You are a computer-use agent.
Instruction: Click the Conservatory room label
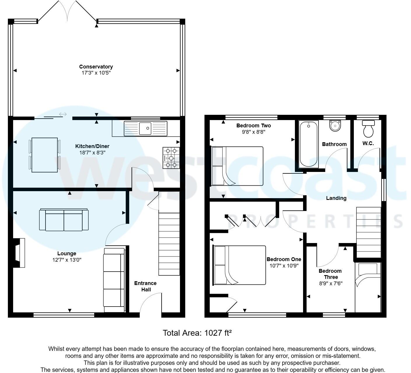point(96,67)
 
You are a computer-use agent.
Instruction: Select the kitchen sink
point(146,128)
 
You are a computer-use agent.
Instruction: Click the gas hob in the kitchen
point(171,158)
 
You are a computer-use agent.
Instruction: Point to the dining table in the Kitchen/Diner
point(45,155)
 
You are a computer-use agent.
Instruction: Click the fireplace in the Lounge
point(19,253)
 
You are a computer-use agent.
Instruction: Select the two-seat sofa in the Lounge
point(64,220)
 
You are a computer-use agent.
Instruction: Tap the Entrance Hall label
point(145,286)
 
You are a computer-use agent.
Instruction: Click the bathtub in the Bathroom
point(308,144)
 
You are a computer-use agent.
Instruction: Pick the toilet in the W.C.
point(368,129)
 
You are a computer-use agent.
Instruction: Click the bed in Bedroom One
point(240,265)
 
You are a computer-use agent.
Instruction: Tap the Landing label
point(336,198)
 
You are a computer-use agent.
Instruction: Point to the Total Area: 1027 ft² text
point(197,333)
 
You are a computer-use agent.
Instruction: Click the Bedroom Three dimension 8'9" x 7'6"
point(330,283)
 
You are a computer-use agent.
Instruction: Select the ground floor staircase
point(169,244)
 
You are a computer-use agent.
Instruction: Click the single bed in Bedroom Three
point(368,287)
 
